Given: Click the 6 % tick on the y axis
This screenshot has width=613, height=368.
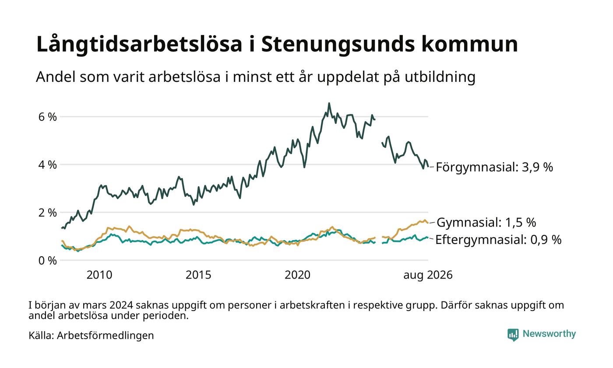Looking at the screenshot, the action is coord(47,117).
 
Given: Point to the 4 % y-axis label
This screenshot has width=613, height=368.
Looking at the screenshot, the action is coord(47,165).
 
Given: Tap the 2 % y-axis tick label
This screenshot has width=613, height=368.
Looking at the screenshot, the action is coord(47,212).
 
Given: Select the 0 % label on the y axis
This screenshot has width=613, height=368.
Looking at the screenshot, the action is coord(47,260).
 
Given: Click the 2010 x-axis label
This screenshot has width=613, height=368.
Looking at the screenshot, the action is coord(99,275).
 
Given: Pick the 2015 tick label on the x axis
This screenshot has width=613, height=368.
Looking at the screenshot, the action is coord(198,275).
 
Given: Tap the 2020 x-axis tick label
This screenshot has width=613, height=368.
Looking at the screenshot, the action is coord(297,275).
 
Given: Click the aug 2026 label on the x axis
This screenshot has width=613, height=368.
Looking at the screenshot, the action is coord(428,275).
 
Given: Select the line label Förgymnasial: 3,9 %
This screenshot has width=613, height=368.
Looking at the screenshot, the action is coord(494,167).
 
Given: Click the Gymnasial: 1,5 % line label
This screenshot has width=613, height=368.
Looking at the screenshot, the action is coord(486,223).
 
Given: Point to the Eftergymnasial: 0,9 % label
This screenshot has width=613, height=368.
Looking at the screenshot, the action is coord(498,240).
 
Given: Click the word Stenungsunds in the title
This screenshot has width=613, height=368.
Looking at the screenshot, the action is coord(338,44).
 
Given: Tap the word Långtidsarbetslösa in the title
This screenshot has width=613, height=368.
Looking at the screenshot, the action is coord(139,44).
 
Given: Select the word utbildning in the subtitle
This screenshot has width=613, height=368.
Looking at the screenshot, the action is coord(440,77).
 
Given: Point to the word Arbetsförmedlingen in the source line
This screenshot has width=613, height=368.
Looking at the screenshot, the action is coord(106,336).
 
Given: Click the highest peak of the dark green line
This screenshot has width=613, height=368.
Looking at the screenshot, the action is coord(329,103).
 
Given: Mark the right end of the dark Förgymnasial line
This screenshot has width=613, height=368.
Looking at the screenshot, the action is coord(428,166).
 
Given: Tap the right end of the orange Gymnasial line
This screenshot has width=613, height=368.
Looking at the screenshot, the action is coord(428,223).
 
